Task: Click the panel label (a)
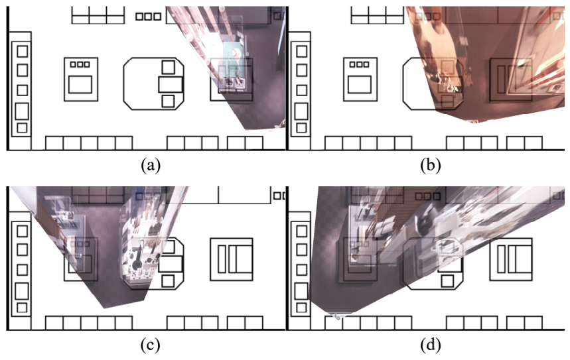[x=151, y=165]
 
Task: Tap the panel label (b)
[x=431, y=165]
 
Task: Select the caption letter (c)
[x=151, y=345]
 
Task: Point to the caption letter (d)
[x=431, y=345]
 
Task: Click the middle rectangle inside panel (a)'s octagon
[x=170, y=84]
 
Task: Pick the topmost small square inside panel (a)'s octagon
[x=168, y=67]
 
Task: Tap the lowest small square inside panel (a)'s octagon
[x=168, y=101]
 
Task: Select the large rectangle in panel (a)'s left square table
[x=80, y=84]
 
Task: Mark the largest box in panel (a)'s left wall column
[x=22, y=111]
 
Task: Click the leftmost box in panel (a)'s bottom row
[x=54, y=143]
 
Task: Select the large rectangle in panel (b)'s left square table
[x=360, y=84]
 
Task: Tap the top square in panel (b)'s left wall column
[x=302, y=51]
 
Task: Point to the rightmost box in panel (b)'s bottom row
[x=534, y=143]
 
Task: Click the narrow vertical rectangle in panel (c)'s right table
[x=222, y=259]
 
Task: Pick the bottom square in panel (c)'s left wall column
[x=22, y=308]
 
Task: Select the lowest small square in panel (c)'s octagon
[x=168, y=281]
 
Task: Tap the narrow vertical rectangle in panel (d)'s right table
[x=501, y=259]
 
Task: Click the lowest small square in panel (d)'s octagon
[x=447, y=281]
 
